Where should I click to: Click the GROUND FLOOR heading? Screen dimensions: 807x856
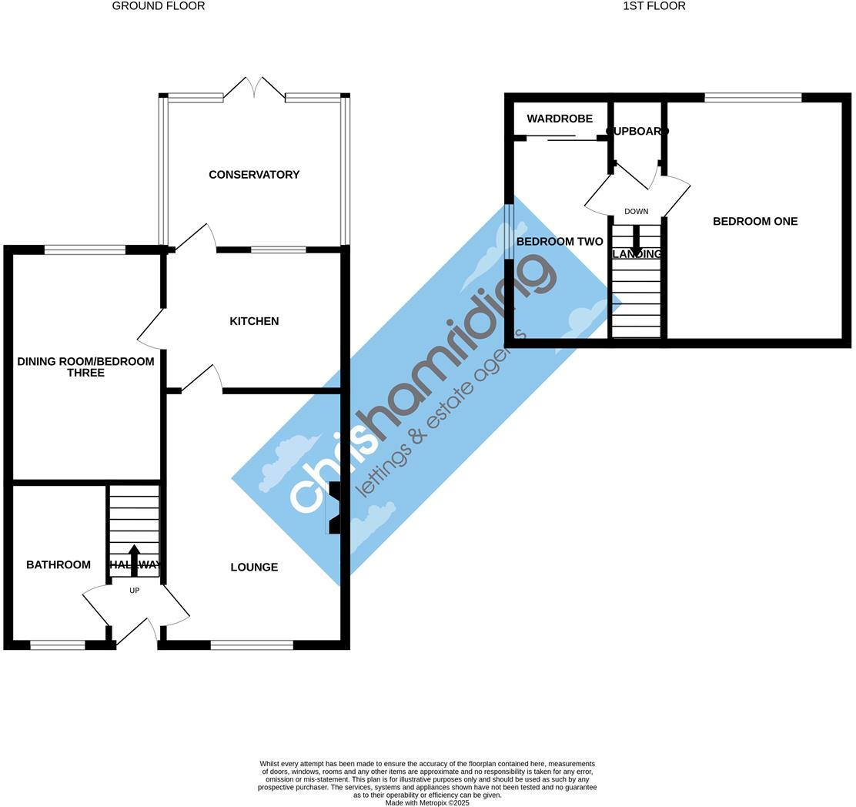click(159, 6)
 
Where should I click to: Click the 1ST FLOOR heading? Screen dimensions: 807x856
click(654, 6)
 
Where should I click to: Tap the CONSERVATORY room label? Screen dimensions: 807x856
click(254, 175)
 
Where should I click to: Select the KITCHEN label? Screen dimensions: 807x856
click(254, 321)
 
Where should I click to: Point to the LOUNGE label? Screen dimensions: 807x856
click(254, 568)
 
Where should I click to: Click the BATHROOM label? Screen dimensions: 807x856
click(59, 565)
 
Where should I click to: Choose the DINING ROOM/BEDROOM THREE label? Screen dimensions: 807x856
click(85, 367)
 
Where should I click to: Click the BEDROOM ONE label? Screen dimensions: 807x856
click(754, 222)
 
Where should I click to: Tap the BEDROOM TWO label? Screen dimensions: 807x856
click(560, 242)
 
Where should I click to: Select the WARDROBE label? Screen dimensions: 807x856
click(560, 119)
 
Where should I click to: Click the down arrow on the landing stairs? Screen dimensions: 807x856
click(636, 239)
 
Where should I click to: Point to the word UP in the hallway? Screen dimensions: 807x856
click(135, 591)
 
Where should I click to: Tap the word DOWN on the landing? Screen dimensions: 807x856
click(636, 212)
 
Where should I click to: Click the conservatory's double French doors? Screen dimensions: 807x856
click(254, 88)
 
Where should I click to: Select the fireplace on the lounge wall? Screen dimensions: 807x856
click(335, 508)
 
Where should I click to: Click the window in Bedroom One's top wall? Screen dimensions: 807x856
click(752, 98)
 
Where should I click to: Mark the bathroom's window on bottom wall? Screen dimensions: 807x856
click(58, 645)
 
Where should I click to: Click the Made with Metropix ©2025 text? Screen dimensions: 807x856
click(427, 803)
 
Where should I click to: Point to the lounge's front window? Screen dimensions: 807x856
click(252, 645)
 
